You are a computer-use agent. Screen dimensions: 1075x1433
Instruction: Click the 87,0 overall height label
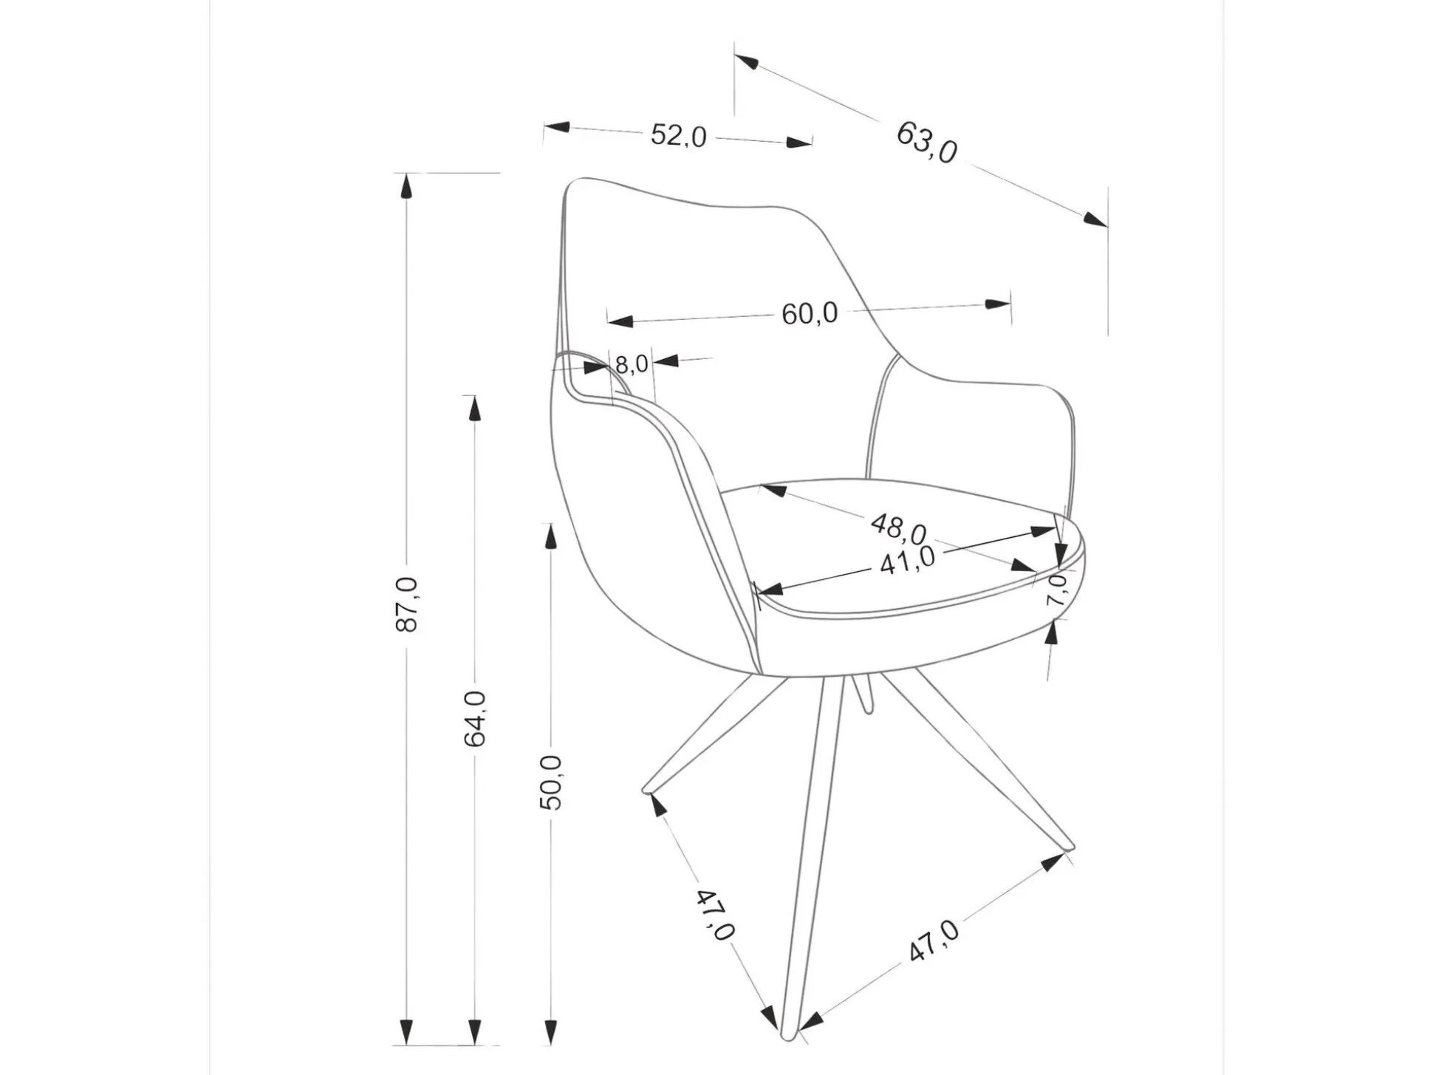pos(407,604)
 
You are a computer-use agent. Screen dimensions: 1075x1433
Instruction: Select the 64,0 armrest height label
pos(474,718)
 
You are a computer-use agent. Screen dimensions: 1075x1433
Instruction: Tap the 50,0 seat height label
pos(550,782)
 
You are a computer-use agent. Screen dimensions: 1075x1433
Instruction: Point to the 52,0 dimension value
pos(678,136)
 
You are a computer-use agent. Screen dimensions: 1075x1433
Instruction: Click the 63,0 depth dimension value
pos(926,143)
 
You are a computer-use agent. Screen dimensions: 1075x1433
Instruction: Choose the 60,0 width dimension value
pos(810,313)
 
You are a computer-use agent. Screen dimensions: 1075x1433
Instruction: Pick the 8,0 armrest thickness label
pos(631,364)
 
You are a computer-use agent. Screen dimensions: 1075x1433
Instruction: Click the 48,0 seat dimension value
pos(897,526)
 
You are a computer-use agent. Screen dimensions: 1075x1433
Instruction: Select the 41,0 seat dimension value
pos(907,561)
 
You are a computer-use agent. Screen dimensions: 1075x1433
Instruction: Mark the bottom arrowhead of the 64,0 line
pos(474,1031)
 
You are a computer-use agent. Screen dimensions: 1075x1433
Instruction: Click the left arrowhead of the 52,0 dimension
pos(555,127)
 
